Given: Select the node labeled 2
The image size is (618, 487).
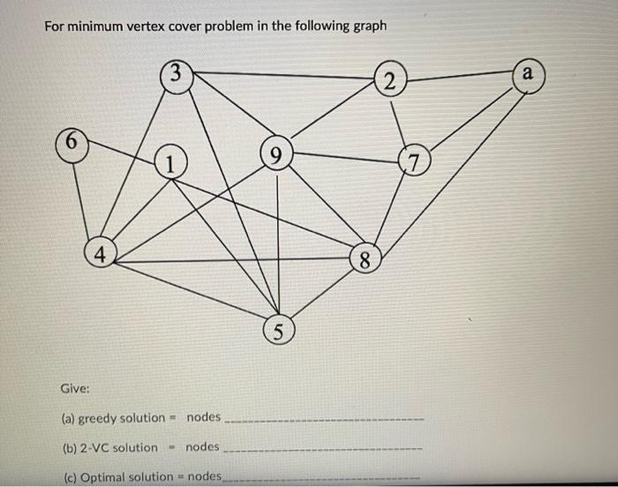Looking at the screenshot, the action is click(x=389, y=82).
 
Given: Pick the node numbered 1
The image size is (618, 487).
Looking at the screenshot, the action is click(x=170, y=161).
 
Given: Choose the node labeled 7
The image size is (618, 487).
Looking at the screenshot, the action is click(x=413, y=161).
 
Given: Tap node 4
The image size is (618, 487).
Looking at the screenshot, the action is click(x=101, y=254).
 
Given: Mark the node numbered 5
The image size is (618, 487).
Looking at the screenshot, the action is click(x=277, y=333).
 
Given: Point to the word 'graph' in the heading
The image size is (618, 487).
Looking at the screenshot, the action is click(x=368, y=25).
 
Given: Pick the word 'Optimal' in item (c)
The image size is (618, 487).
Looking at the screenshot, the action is click(x=104, y=476).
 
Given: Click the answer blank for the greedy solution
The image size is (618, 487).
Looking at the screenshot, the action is click(x=325, y=421).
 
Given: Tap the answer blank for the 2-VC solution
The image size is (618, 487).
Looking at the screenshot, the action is click(x=325, y=451).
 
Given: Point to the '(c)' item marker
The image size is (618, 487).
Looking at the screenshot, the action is click(x=68, y=476).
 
